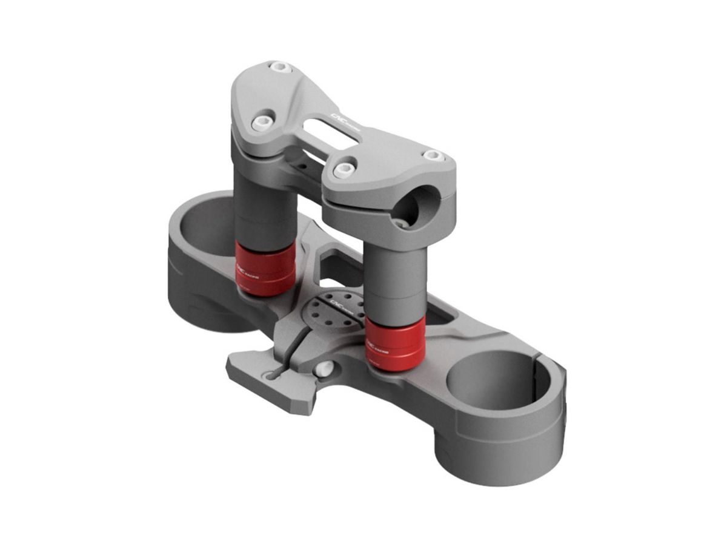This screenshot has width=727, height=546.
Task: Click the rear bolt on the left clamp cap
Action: tap(280, 67)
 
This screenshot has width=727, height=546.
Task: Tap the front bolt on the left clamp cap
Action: tap(262, 122)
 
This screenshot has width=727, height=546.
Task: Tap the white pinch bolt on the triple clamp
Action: tap(324, 368)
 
